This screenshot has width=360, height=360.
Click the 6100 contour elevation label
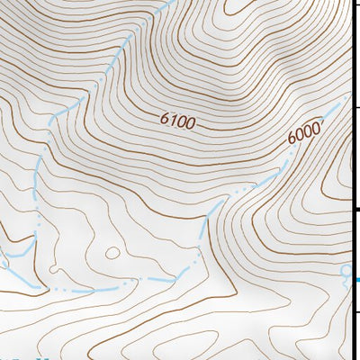point(178,120)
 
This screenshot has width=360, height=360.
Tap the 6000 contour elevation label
point(305,133)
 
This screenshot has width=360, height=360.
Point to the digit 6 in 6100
point(166,118)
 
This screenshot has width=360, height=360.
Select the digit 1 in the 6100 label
point(174,119)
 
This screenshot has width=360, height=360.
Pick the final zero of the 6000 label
point(317,128)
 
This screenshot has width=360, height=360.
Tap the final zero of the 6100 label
point(191,121)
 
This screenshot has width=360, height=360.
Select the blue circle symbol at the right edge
point(346,270)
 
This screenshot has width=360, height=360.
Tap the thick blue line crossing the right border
point(356,280)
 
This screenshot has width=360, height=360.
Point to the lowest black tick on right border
point(355,310)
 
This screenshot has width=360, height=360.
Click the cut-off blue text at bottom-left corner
point(22,356)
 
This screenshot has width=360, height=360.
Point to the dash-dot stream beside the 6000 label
point(286,162)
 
